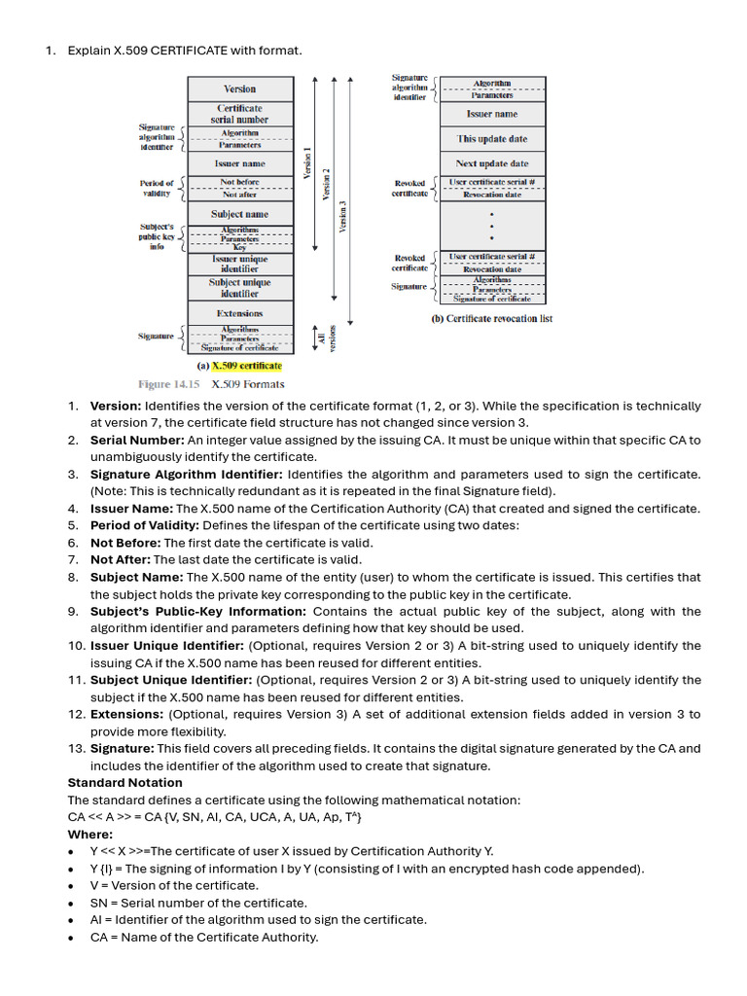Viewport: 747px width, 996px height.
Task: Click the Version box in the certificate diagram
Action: [x=239, y=89]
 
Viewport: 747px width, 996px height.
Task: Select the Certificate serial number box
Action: [x=239, y=114]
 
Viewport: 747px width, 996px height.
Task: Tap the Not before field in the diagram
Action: [x=239, y=182]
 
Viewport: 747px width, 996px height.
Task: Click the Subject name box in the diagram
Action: [x=239, y=214]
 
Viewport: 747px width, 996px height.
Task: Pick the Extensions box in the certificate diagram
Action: [x=239, y=313]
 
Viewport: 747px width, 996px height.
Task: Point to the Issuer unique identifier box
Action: [x=239, y=265]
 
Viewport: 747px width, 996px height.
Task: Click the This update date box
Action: [x=492, y=139]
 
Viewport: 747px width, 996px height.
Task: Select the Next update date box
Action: [x=492, y=163]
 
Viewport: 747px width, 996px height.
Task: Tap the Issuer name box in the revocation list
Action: [x=492, y=114]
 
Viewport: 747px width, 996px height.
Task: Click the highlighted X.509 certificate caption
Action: [x=246, y=367]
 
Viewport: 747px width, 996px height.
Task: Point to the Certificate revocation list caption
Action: [x=491, y=319]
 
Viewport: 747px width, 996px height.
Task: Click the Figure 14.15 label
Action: [x=168, y=384]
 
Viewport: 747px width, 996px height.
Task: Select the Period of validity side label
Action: [x=157, y=188]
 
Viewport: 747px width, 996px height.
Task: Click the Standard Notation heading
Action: [x=124, y=783]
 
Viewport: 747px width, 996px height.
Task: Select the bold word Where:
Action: [x=89, y=835]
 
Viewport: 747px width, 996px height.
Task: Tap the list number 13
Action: [x=75, y=749]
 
